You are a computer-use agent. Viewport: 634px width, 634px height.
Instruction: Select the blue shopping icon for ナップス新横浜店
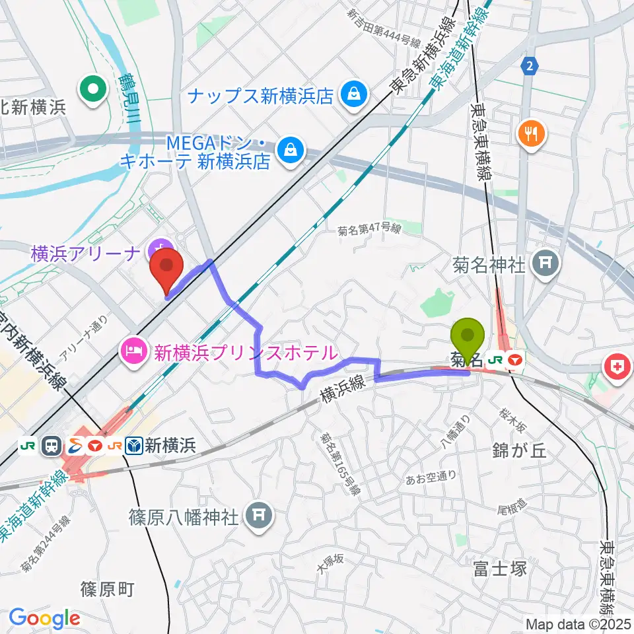(354, 95)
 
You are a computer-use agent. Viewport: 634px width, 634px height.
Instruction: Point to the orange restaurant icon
(531, 135)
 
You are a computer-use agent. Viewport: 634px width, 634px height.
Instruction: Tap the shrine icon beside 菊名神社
(547, 265)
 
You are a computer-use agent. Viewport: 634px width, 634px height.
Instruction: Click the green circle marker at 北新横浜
(93, 89)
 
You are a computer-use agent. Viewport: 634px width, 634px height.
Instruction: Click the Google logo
(44, 618)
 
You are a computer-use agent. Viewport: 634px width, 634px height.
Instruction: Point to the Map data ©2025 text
(578, 623)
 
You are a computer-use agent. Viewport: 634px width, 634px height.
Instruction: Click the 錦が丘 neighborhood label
(520, 451)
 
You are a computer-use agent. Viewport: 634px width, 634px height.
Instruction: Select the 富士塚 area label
(500, 568)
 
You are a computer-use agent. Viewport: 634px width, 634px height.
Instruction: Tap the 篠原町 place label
(107, 588)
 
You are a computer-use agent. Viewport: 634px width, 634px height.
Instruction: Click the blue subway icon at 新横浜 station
(134, 446)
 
